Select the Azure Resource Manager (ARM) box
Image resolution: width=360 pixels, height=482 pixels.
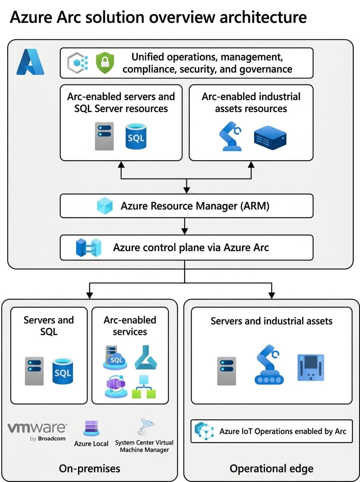coord(186,206)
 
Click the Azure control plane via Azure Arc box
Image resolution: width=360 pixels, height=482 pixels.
coord(186,247)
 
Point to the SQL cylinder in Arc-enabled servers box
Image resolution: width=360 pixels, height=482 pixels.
coord(135,136)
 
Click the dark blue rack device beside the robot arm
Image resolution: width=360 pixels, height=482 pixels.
coord(270,137)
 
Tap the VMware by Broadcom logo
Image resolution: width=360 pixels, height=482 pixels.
coord(37,431)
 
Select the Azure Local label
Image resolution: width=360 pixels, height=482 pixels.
coord(91,443)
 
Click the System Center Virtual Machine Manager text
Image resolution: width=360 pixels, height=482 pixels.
coord(144,446)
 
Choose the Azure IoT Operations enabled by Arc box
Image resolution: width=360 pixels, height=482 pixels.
coord(271,431)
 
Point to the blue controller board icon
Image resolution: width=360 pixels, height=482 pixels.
coord(310,368)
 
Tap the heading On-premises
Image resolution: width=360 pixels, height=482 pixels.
coord(89,468)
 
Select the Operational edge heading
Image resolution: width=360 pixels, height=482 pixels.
coord(271,468)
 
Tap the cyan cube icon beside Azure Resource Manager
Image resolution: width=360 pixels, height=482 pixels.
coord(106,206)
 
